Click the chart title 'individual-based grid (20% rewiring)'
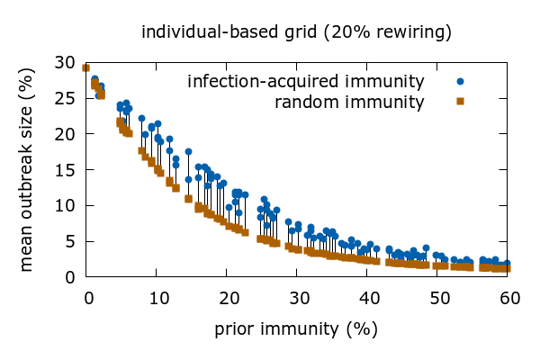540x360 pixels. click(296, 33)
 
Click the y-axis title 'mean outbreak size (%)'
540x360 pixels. click(28, 169)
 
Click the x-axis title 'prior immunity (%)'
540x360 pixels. click(296, 328)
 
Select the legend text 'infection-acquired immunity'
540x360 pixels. click(305, 82)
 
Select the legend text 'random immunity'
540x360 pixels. click(349, 102)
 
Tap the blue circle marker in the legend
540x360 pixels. click(460, 82)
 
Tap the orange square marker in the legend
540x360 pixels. click(460, 102)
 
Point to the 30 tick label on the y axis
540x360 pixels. click(64, 62)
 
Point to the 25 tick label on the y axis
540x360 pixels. click(64, 98)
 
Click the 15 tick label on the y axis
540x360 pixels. click(64, 169)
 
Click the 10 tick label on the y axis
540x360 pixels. click(64, 205)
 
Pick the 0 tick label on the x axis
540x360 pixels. click(87, 297)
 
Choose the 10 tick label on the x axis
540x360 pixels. click(157, 297)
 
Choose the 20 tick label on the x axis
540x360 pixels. click(227, 297)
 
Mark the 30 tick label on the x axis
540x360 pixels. click(297, 297)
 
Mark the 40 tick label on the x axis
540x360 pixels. click(367, 297)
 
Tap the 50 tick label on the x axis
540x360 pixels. click(437, 297)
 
